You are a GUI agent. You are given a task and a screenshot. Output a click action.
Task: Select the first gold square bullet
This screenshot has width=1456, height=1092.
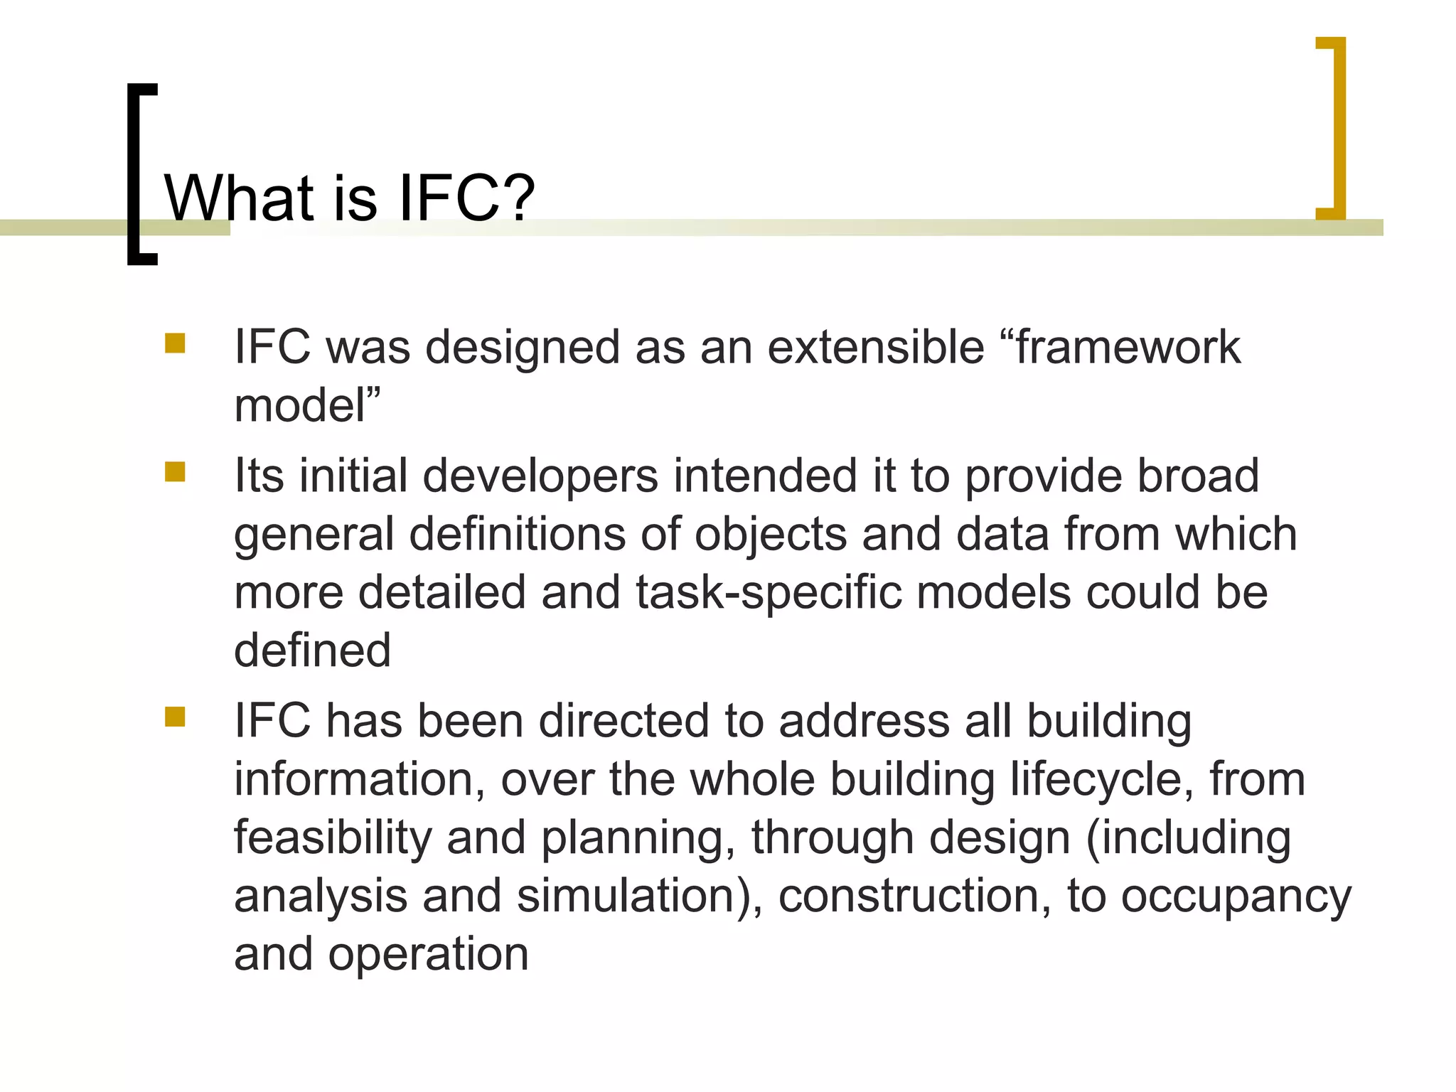coord(175,344)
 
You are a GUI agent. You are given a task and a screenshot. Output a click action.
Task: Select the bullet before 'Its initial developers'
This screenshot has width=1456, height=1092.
coord(175,472)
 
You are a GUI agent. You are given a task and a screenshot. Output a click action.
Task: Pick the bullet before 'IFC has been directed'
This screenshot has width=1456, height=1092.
coord(175,717)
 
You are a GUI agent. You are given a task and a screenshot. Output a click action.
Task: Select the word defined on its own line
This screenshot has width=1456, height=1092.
coord(312,650)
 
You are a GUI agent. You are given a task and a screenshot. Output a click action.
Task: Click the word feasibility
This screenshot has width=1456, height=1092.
coord(333,837)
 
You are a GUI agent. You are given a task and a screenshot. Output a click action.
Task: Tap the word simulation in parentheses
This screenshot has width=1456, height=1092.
coord(626,896)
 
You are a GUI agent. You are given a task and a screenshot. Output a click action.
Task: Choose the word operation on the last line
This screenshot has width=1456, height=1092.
coord(428,954)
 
